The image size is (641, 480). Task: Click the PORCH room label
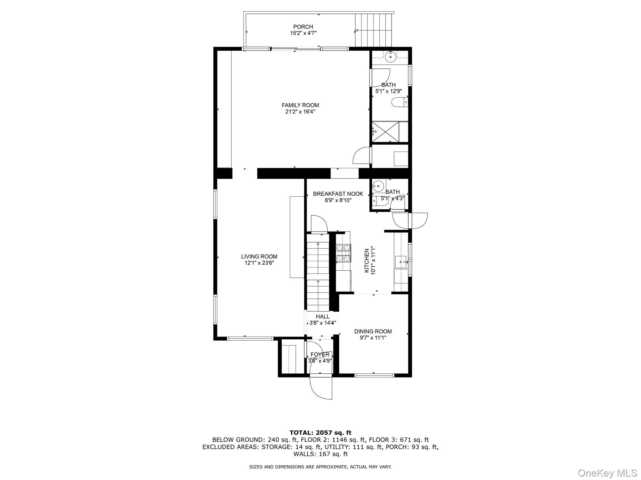[303, 27]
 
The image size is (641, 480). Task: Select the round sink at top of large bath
[390, 57]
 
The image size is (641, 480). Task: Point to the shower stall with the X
[385, 132]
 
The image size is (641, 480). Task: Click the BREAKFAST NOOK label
[338, 194]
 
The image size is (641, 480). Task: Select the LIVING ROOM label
[259, 257]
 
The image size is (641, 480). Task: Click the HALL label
[322, 317]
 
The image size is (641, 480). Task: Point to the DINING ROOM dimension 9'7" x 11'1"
[373, 338]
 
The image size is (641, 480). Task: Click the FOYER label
[320, 354]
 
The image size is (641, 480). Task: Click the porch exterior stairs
[374, 30]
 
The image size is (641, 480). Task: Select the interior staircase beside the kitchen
[318, 272]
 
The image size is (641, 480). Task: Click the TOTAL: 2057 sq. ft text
[320, 433]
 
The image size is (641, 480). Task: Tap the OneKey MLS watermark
[607, 473]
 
